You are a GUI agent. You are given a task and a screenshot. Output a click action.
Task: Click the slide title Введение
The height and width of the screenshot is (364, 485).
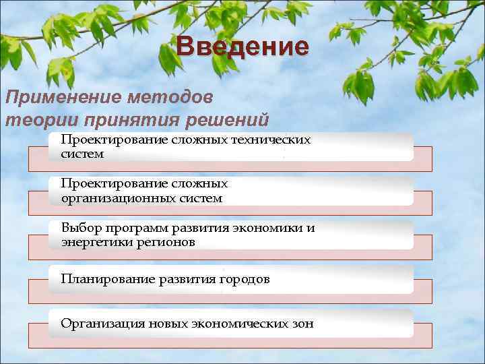coord(243,47)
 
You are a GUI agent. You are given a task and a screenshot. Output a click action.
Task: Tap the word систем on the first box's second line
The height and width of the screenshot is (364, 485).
coord(82,154)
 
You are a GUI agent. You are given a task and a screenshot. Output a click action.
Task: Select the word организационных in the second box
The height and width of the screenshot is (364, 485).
coord(115,198)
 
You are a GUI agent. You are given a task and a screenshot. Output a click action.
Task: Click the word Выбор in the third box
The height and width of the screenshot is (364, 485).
coord(79,227)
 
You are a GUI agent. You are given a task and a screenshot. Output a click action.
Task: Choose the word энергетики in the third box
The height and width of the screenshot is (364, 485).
coord(95,242)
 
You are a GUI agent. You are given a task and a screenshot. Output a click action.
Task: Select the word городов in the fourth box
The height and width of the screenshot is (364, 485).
coord(245,278)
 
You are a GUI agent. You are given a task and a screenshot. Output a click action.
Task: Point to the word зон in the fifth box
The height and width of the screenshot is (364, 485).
coord(302,323)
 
